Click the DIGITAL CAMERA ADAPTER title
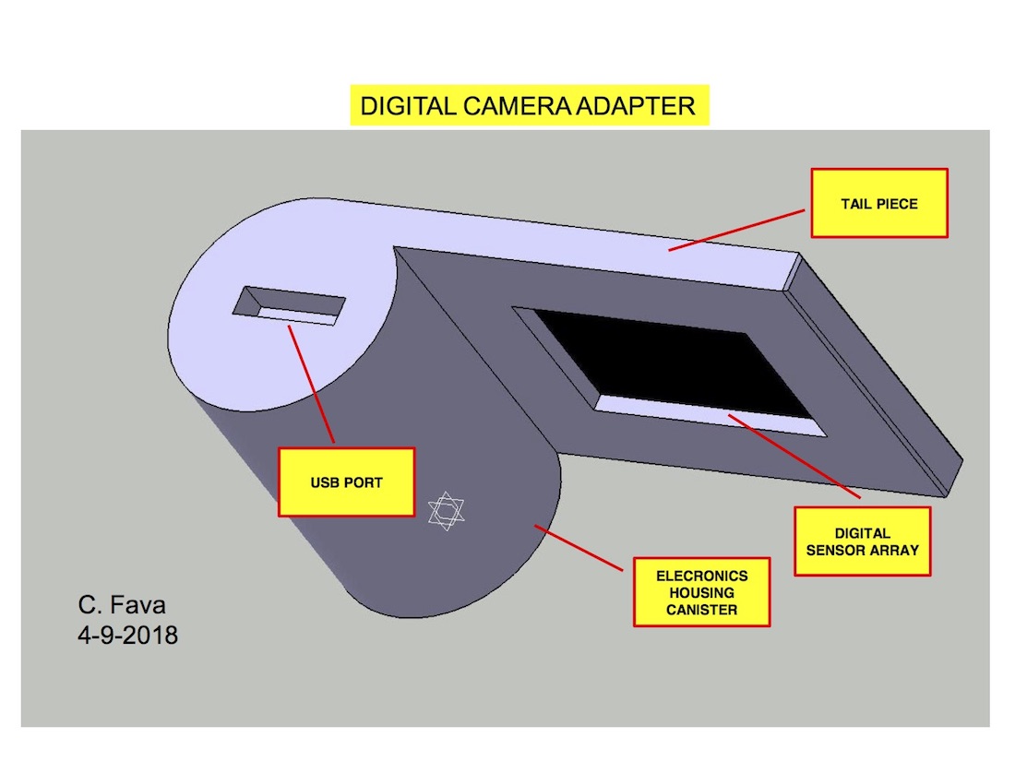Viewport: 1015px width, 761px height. tap(528, 106)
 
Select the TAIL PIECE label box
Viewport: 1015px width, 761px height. tap(878, 203)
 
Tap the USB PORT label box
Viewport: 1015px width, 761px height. tap(346, 482)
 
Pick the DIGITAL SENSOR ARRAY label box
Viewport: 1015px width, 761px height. tap(863, 541)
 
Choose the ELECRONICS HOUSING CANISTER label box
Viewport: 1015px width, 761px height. tap(701, 592)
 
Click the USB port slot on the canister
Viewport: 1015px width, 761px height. tap(290, 306)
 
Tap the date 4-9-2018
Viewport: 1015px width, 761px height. tap(127, 635)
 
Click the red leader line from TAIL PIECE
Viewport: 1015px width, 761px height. tap(738, 230)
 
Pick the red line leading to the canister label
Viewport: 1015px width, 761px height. tap(581, 548)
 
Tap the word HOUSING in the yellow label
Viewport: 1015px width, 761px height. tap(701, 592)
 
